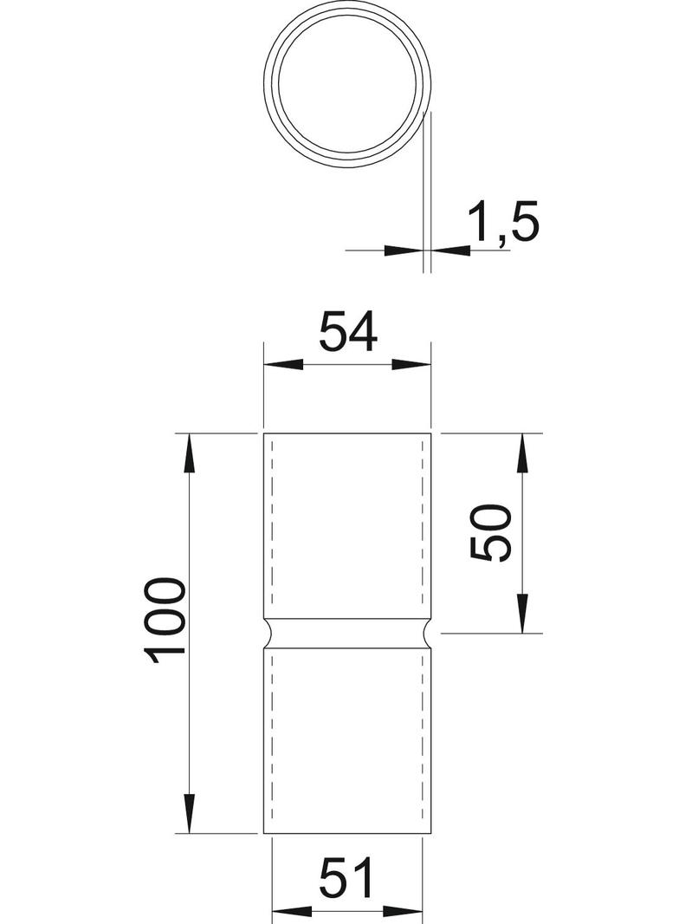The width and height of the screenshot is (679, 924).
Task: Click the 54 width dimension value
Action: [x=348, y=332]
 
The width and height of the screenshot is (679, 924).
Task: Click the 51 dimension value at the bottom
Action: [x=347, y=879]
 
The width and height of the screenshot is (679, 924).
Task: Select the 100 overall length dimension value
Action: [x=167, y=620]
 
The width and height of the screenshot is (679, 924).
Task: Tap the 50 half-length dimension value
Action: [x=491, y=533]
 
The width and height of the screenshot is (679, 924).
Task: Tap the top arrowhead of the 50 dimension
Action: [x=522, y=452]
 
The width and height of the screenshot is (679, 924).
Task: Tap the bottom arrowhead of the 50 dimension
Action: [x=522, y=613]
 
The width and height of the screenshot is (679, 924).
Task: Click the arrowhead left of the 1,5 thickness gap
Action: [x=403, y=251]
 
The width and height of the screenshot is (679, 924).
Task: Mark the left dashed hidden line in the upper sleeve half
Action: [x=273, y=520]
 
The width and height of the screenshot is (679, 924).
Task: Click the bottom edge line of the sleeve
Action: [x=347, y=834]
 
